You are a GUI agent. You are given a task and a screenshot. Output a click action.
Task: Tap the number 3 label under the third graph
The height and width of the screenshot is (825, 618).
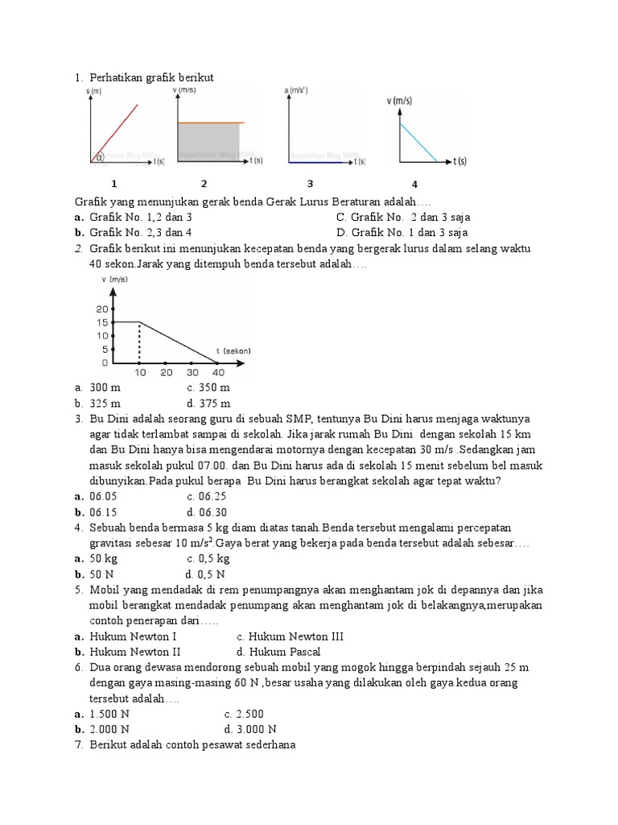(310, 184)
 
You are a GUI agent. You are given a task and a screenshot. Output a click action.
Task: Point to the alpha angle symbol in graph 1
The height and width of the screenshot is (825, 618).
(101, 157)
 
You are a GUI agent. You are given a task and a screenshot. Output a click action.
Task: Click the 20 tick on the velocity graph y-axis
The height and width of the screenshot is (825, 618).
(102, 309)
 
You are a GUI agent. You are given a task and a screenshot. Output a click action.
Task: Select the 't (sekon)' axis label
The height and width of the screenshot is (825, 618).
(233, 350)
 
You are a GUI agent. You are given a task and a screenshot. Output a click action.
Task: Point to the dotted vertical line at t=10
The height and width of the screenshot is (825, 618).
(140, 342)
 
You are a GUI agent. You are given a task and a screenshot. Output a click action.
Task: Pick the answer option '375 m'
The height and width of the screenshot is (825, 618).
(215, 403)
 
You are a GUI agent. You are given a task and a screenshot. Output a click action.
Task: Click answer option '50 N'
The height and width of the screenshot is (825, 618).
(105, 574)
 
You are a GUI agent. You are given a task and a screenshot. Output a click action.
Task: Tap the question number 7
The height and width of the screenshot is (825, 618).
(79, 744)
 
